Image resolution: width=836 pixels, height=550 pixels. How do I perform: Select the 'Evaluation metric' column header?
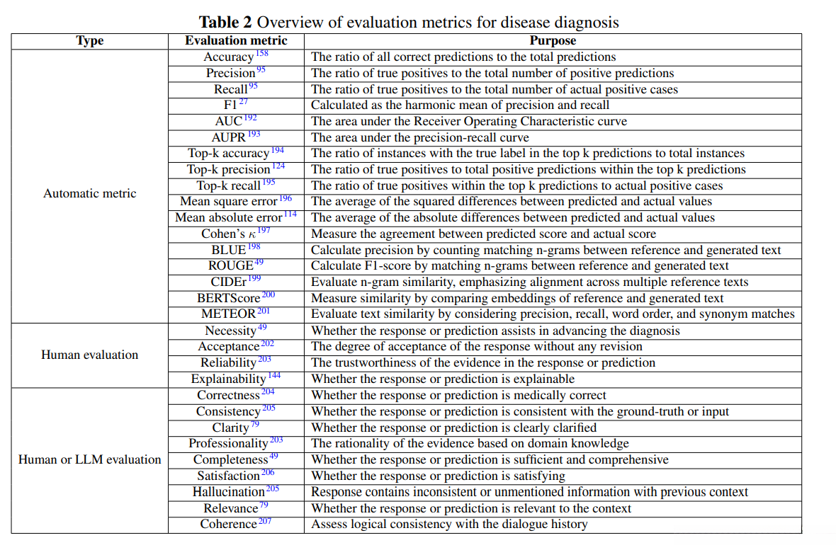(236, 41)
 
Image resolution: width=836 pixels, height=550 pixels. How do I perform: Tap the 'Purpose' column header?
(553, 41)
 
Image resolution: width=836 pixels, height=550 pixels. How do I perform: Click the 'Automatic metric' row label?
(89, 193)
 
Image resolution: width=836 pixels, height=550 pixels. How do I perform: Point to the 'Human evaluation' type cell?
(89, 355)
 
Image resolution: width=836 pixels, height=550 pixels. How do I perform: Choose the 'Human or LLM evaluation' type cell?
(89, 459)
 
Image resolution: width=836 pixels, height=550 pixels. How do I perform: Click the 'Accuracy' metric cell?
(229, 57)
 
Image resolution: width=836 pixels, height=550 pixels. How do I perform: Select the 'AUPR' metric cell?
(228, 137)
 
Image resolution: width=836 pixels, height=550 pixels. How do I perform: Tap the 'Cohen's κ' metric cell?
(228, 234)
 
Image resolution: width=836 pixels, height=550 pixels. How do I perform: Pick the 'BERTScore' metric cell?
(228, 298)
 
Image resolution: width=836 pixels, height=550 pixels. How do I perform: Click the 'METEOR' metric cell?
(228, 314)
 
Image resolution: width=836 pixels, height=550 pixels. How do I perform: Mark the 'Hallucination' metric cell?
(229, 492)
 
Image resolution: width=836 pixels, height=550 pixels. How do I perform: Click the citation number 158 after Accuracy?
(261, 54)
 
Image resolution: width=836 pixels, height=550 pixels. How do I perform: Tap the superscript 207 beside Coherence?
(265, 522)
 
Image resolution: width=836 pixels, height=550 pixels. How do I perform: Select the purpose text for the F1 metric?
(460, 105)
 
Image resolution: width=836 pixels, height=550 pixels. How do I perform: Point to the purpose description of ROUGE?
(520, 266)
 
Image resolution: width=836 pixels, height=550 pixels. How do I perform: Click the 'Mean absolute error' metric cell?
(229, 218)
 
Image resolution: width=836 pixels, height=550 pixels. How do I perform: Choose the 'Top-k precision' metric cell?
(229, 170)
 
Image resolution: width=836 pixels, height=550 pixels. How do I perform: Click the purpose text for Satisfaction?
(438, 476)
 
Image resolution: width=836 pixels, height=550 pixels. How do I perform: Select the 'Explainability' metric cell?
(229, 379)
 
